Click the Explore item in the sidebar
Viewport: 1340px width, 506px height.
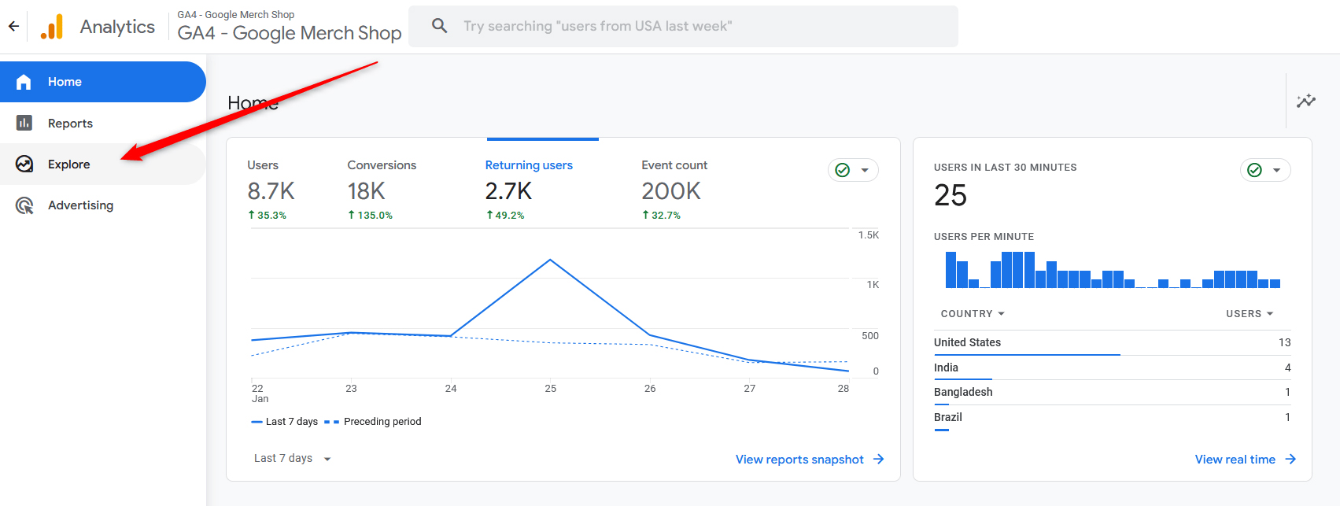68,164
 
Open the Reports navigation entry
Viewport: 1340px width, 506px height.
70,124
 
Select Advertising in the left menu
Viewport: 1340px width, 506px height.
80,205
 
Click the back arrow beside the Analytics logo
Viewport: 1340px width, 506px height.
13,26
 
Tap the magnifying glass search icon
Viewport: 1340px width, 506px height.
440,26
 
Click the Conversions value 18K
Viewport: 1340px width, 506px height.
367,191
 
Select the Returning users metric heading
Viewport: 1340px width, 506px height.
528,165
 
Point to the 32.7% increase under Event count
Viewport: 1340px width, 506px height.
662,215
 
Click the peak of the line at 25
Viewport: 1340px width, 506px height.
550,260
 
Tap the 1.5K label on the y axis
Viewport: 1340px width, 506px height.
869,235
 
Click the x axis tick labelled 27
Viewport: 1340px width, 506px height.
749,388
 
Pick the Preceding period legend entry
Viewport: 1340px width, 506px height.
382,422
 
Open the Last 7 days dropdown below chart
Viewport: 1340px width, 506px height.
292,459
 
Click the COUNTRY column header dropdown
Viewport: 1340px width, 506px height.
973,313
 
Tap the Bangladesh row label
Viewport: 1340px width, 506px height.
963,392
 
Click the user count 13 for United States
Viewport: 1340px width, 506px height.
1284,342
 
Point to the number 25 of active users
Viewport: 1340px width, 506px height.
951,195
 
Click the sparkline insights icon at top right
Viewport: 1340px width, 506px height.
1306,101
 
